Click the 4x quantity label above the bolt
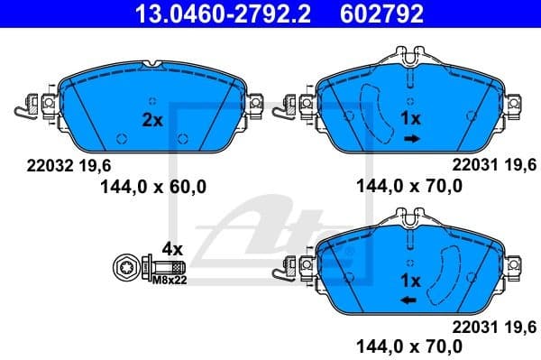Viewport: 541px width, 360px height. (x=171, y=248)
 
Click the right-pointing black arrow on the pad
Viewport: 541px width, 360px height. (x=411, y=138)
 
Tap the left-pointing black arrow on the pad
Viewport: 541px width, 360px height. (x=409, y=300)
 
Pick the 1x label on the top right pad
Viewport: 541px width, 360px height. (x=411, y=119)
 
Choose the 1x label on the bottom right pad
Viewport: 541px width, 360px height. (x=411, y=281)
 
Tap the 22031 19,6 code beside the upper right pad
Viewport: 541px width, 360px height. (x=492, y=165)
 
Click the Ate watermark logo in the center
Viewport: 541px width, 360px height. (x=270, y=226)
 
